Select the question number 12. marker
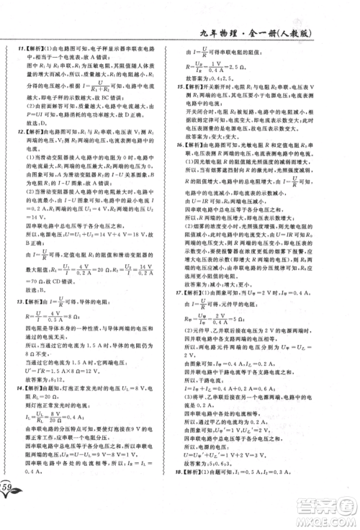click(x=14, y=133)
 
